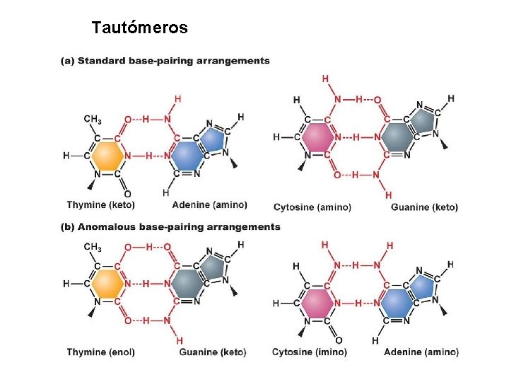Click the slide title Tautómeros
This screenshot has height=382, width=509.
(x=139, y=28)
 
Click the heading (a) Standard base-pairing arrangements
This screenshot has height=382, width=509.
(x=166, y=61)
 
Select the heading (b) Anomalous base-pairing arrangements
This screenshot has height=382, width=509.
(x=171, y=227)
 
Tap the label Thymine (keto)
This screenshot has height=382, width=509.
(x=100, y=205)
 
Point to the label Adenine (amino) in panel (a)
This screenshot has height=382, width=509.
(x=209, y=205)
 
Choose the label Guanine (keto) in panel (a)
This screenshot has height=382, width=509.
(x=424, y=207)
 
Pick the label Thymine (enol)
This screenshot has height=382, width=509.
(x=100, y=352)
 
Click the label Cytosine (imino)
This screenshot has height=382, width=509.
(x=309, y=352)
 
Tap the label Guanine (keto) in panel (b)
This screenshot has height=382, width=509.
(x=212, y=352)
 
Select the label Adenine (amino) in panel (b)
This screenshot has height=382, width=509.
(x=421, y=352)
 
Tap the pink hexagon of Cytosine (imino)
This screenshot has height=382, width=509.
(x=319, y=303)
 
